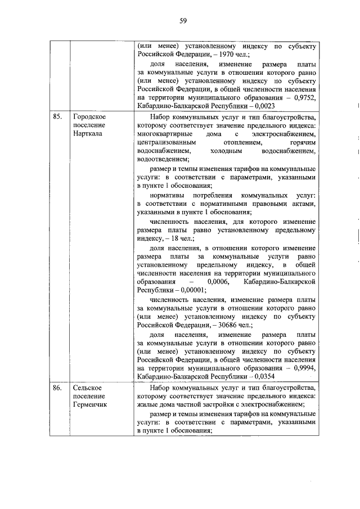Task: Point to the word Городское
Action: tap(89, 117)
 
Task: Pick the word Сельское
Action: tap(87, 388)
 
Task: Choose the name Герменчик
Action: tap(90, 406)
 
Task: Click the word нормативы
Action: tap(168, 195)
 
